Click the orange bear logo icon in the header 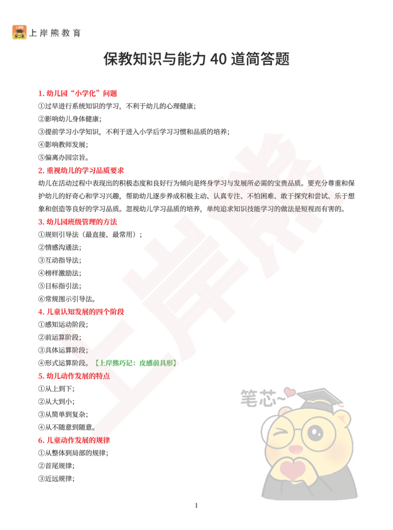point(20,32)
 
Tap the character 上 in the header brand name point(33,33)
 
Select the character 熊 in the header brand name point(55,33)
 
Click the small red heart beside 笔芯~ point(290,392)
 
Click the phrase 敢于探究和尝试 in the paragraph point(305,196)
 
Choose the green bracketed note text point(136,363)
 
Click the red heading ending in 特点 point(74,376)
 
